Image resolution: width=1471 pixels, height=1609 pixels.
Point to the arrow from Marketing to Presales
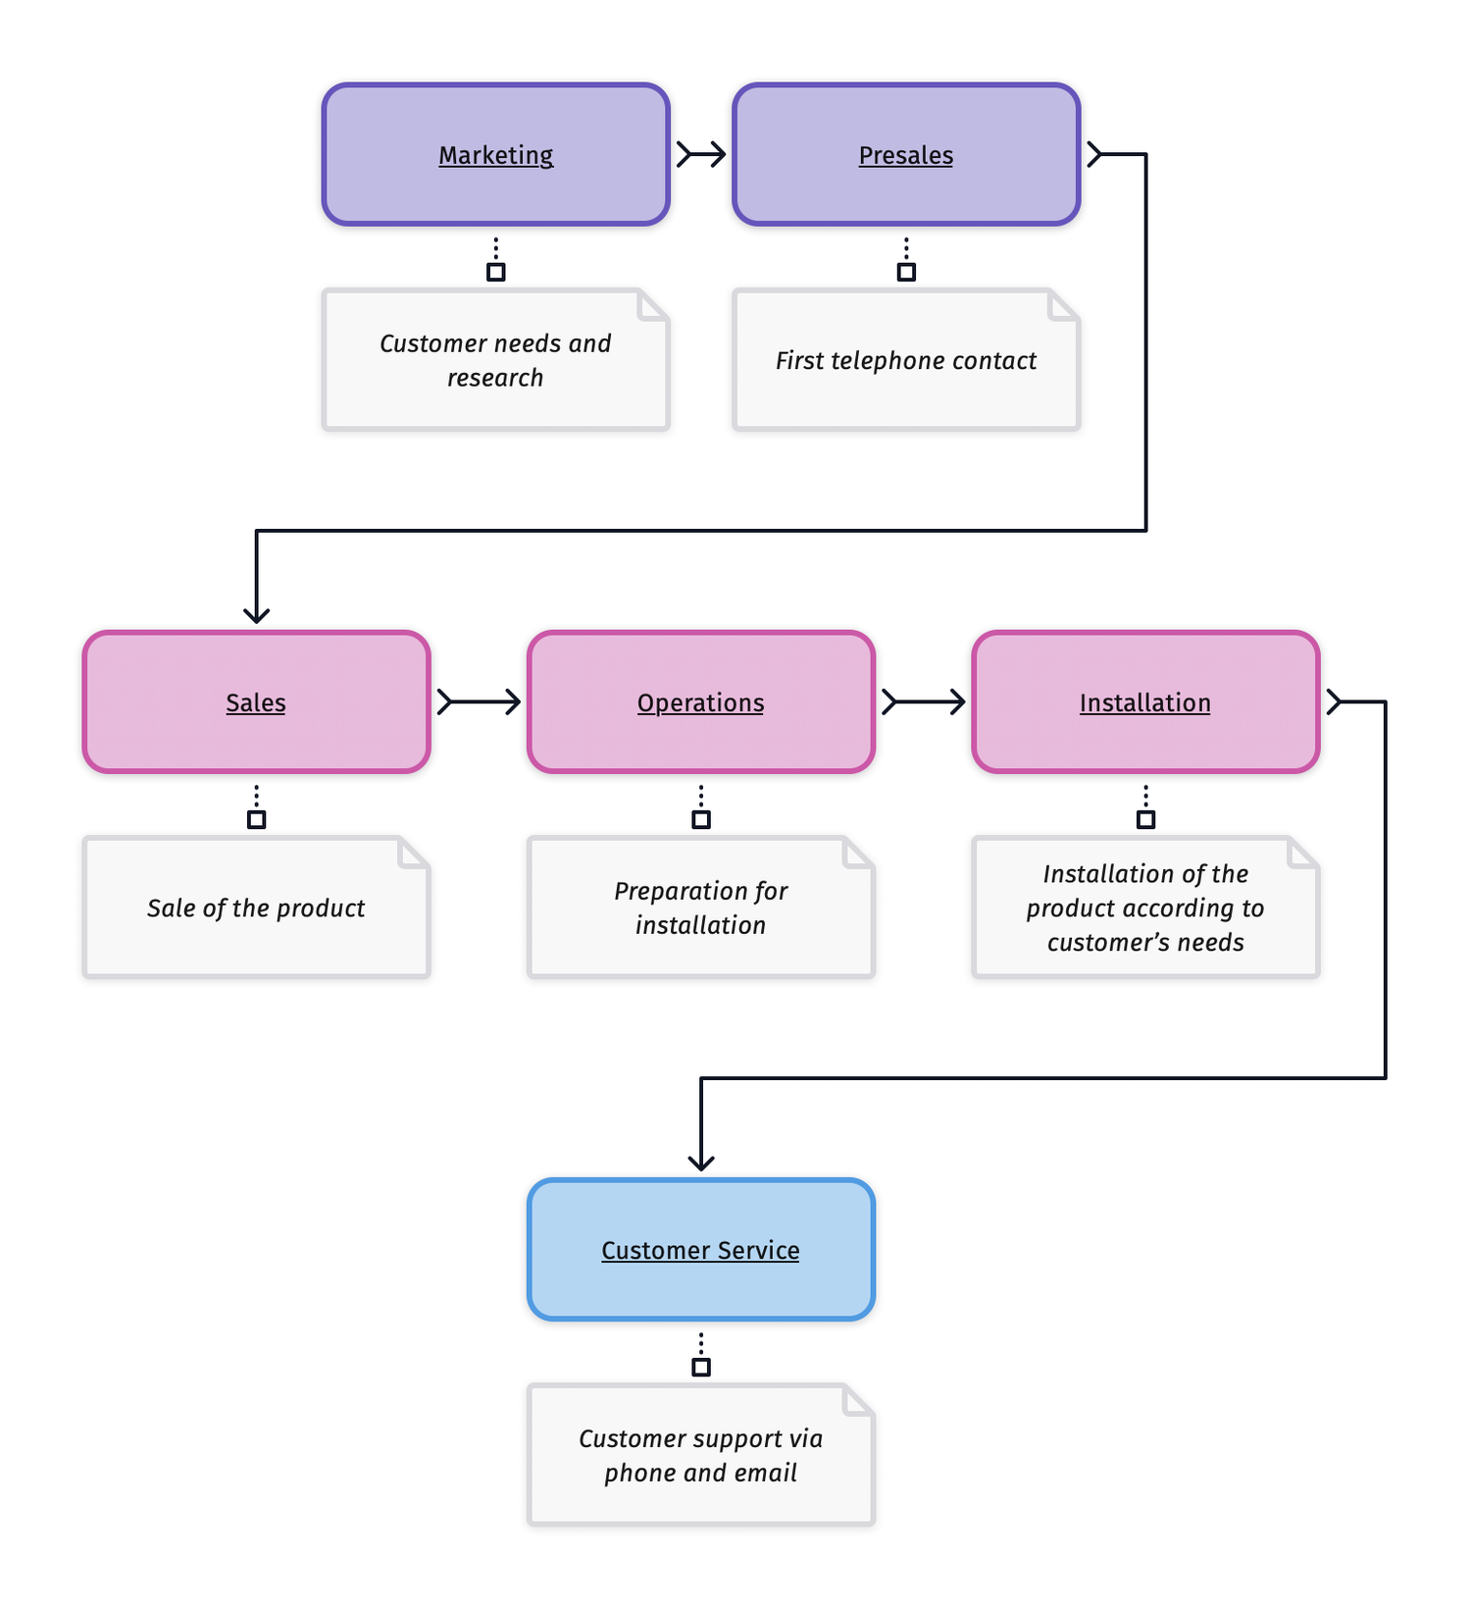click(x=701, y=154)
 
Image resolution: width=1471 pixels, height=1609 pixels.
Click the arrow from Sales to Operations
click(x=480, y=701)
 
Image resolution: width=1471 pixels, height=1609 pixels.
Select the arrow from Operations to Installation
click(x=924, y=701)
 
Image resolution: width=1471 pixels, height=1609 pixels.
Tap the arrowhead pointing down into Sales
click(x=256, y=614)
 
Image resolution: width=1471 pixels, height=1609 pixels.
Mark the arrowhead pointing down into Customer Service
click(x=701, y=1162)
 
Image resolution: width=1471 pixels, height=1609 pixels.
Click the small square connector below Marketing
click(x=496, y=272)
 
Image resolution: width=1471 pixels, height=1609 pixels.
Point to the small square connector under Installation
click(x=1145, y=819)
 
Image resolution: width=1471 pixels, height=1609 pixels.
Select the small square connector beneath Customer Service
click(x=701, y=1367)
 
